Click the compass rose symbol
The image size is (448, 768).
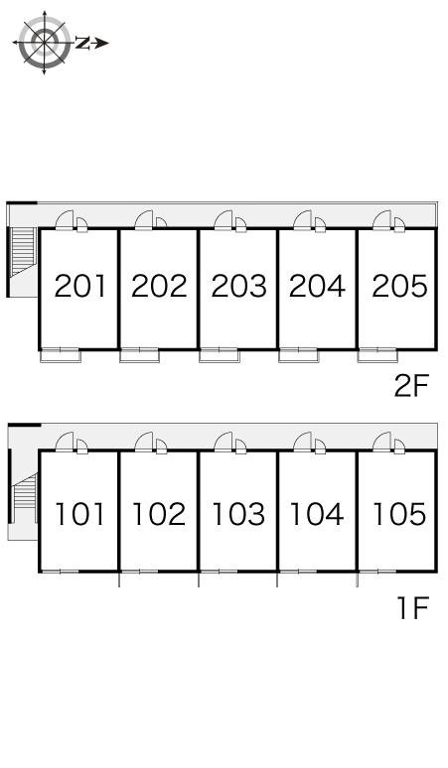(44, 43)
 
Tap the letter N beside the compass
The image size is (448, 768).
(81, 43)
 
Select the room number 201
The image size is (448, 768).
(79, 286)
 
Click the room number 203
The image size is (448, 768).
(238, 286)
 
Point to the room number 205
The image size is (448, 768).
(399, 286)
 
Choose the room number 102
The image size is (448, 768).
(159, 514)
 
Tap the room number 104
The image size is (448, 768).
(317, 514)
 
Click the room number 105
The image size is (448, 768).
(399, 514)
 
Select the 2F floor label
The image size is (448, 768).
(411, 385)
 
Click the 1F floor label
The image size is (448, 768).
(412, 608)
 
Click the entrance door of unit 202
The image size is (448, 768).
(144, 220)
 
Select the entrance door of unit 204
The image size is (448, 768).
(303, 220)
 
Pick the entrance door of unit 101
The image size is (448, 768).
(65, 442)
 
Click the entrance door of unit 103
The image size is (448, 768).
(224, 442)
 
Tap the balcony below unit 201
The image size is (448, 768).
(61, 355)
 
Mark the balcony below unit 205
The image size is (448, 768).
(377, 355)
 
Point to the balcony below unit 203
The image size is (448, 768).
(220, 355)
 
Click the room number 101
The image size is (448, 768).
(79, 514)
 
